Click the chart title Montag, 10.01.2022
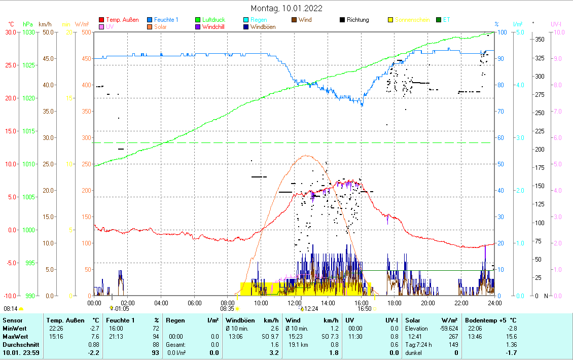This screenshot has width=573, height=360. coord(287,8)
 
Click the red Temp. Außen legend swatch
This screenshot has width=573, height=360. coord(101,20)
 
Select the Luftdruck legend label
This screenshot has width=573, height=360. coord(213,20)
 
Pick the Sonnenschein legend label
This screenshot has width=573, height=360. coord(412,20)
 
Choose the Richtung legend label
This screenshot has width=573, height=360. coord(358,20)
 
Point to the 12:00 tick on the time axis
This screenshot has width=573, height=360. coord(295,303)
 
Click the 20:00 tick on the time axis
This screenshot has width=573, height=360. coord(428,303)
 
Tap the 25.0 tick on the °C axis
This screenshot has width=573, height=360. coord(10,65)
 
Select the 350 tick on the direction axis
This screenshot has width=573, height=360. coord(540,40)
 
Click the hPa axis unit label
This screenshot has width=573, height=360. coord(28,24)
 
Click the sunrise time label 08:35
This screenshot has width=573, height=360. coord(227,308)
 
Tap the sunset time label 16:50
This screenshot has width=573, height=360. coord(364,308)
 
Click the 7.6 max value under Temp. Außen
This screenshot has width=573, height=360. coord(94,337)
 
